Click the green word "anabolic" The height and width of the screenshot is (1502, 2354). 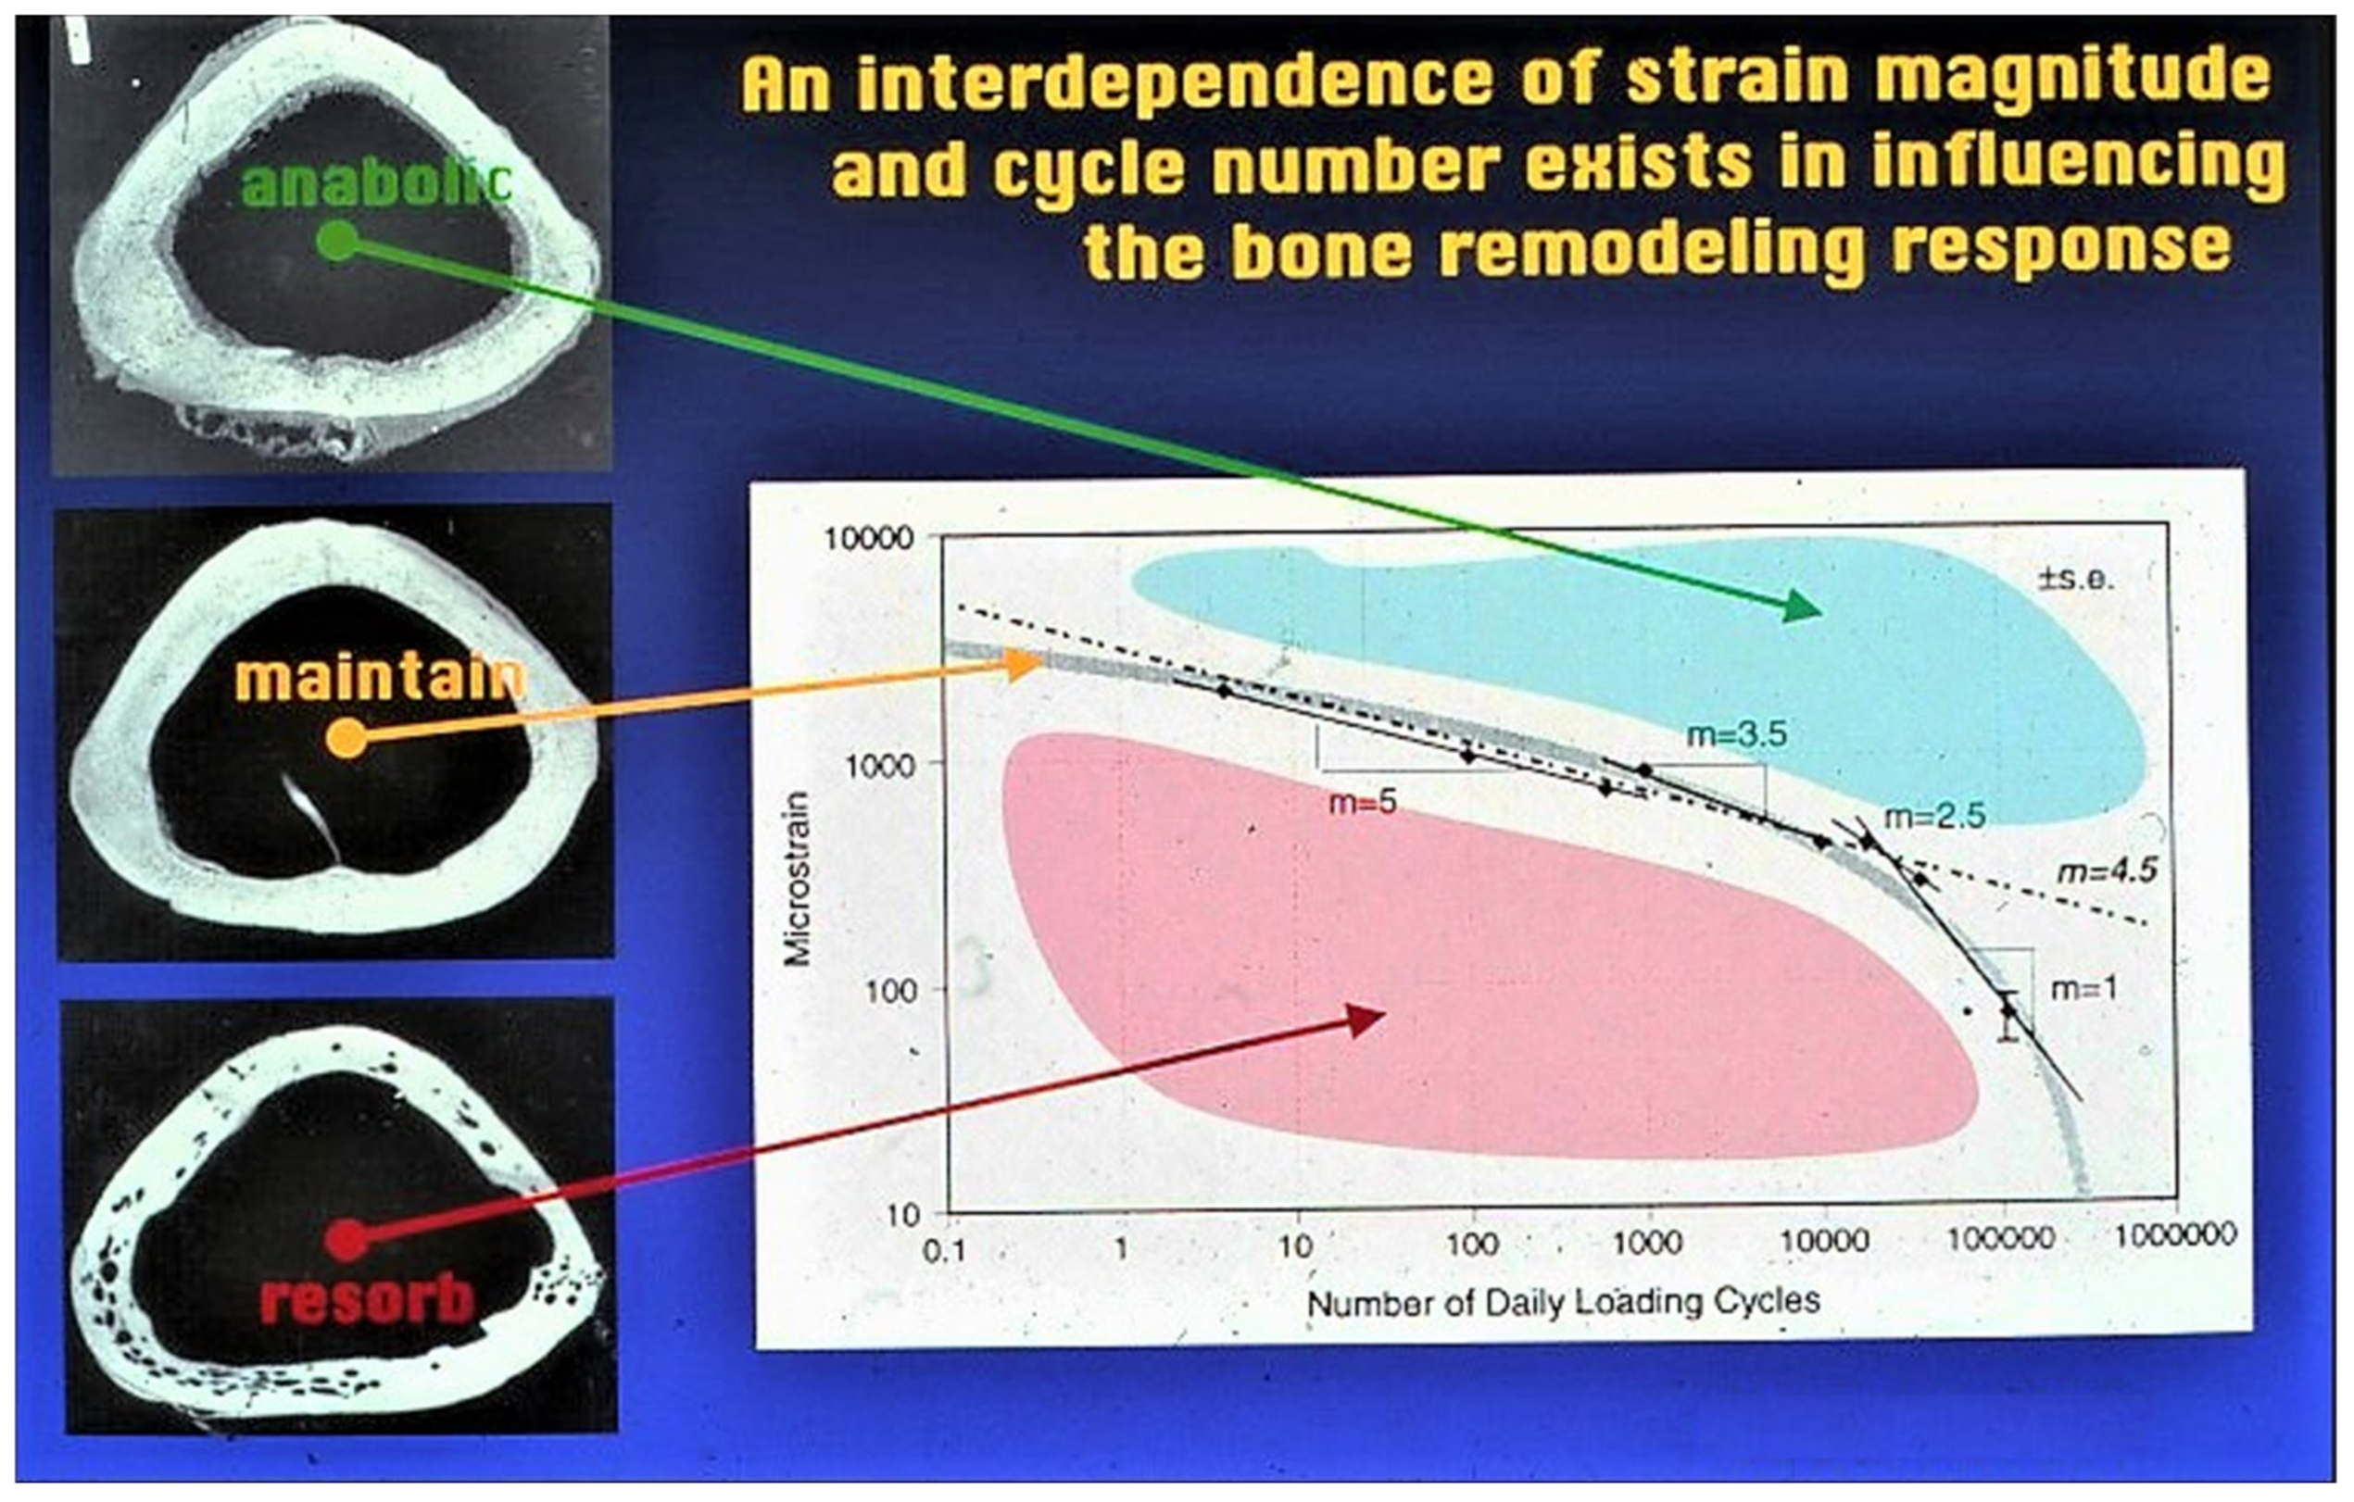pos(376,186)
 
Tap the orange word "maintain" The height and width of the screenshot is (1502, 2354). pos(380,677)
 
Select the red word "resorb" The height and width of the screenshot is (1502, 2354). pos(368,1298)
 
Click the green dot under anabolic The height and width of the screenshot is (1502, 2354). pos(338,241)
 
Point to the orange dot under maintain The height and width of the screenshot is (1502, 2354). pos(346,738)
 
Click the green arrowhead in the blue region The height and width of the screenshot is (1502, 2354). pos(1797,607)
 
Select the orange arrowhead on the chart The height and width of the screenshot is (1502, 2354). pos(1025,666)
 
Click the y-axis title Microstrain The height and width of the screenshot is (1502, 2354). pos(799,878)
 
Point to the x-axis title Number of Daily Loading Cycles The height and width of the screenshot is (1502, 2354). pos(1564,1302)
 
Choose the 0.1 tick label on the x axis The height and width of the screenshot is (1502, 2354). pos(944,1251)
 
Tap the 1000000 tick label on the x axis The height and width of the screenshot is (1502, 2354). pos(2175,1235)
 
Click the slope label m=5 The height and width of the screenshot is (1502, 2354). pos(1363,802)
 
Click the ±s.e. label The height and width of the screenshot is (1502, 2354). pos(2075,580)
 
